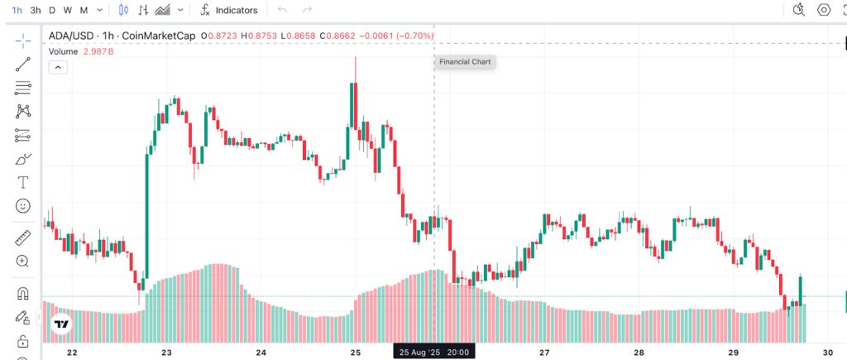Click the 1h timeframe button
pyautogui.click(x=17, y=10)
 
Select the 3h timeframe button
pyautogui.click(x=36, y=10)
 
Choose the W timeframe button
pyautogui.click(x=68, y=10)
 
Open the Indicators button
pyautogui.click(x=229, y=10)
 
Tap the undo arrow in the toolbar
pyautogui.click(x=283, y=10)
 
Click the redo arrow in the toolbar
pyautogui.click(x=308, y=10)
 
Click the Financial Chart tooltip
pyautogui.click(x=465, y=61)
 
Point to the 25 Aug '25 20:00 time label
pyautogui.click(x=433, y=353)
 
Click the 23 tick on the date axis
pyautogui.click(x=166, y=353)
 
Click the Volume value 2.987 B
pyautogui.click(x=98, y=52)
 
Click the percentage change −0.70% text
pyautogui.click(x=415, y=36)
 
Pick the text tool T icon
pyautogui.click(x=22, y=182)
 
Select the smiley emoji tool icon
pyautogui.click(x=22, y=206)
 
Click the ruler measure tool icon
pyautogui.click(x=22, y=238)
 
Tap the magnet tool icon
pyautogui.click(x=22, y=294)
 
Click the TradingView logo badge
pyautogui.click(x=61, y=324)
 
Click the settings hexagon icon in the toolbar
pyautogui.click(x=824, y=10)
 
